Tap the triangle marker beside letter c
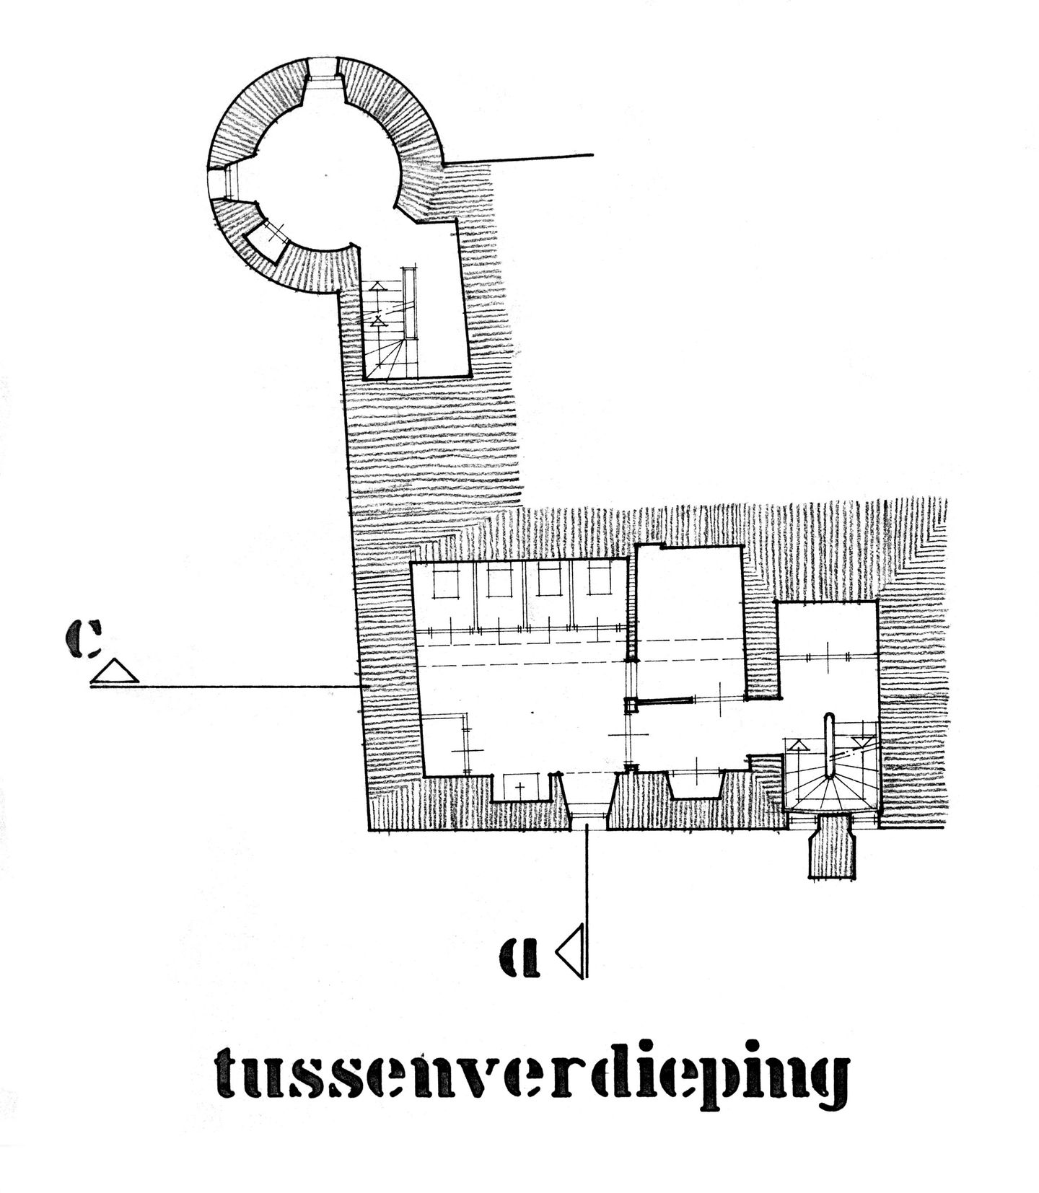(x=115, y=671)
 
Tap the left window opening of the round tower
(x=220, y=184)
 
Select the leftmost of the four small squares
(x=446, y=580)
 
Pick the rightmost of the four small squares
(x=599, y=580)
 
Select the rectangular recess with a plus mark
(x=519, y=786)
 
